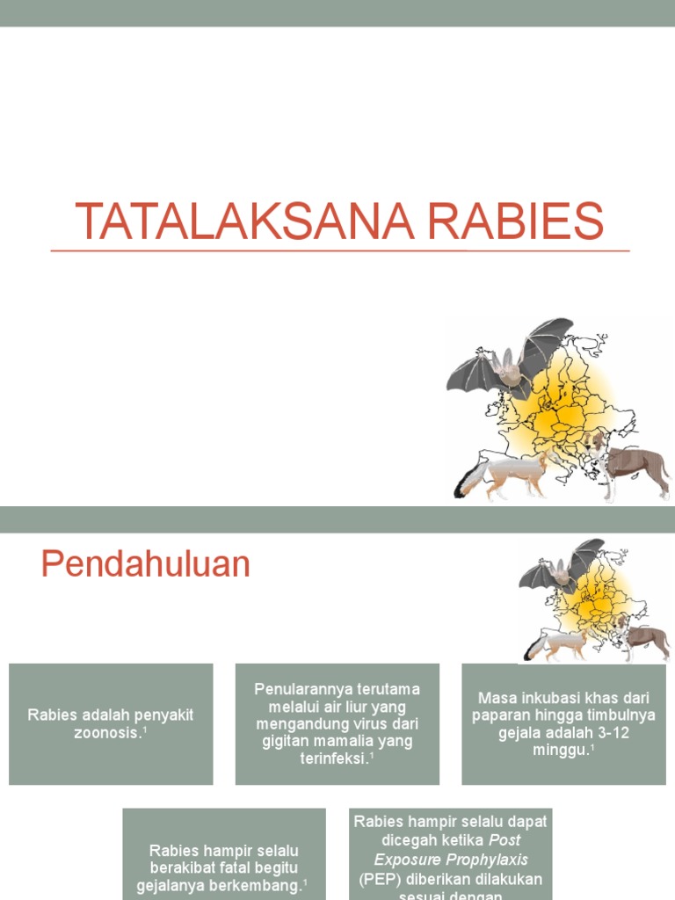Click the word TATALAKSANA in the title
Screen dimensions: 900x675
(x=240, y=221)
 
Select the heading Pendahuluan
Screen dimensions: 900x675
(x=145, y=564)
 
